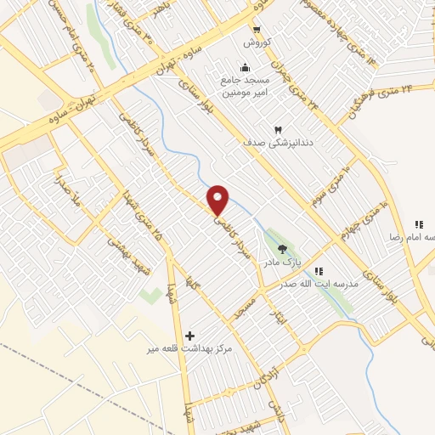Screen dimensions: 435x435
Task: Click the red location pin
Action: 218,199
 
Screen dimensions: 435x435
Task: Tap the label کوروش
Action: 257,42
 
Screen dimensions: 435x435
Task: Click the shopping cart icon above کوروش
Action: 257,27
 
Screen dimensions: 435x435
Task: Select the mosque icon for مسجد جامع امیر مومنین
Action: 246,68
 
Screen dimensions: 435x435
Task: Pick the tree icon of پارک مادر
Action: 281,249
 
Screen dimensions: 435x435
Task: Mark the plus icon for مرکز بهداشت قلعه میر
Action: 189,336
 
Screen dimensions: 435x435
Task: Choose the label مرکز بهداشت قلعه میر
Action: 189,349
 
